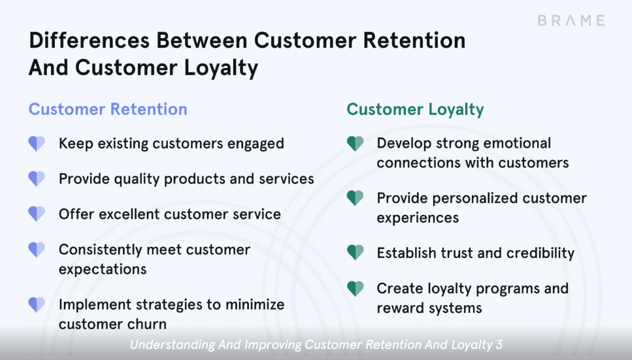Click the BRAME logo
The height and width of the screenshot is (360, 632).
571,20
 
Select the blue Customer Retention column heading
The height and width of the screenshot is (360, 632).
108,109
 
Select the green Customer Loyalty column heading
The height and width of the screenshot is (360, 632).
415,109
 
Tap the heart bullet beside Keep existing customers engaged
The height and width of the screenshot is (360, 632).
37,144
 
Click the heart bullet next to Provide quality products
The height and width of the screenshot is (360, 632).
37,178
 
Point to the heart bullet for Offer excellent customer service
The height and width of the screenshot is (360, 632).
37,214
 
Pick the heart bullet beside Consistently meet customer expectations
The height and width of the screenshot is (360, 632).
37,250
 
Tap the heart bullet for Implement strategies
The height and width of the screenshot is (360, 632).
37,304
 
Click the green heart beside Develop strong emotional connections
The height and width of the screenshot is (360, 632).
355,144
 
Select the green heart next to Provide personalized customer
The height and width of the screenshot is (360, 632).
355,198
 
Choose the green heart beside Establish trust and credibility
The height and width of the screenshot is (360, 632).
355,253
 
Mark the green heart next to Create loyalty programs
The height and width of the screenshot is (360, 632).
355,288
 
